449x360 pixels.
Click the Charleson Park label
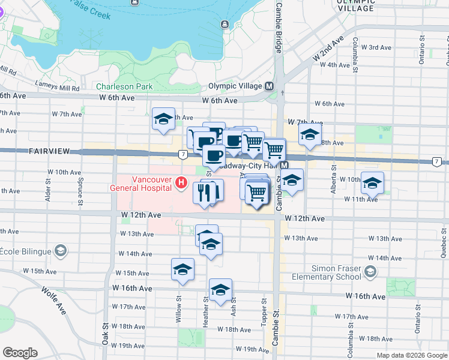(127, 86)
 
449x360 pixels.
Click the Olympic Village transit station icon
(270, 86)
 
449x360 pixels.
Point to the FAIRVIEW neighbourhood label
(50, 153)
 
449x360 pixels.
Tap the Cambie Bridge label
(279, 28)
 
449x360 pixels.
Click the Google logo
(20, 353)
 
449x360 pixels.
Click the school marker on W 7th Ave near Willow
(163, 119)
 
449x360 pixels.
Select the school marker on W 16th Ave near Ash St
(220, 289)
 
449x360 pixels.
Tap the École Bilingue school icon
(60, 250)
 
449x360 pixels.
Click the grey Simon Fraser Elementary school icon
(370, 272)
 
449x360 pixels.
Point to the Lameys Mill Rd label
(57, 86)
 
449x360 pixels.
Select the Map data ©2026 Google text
(412, 355)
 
